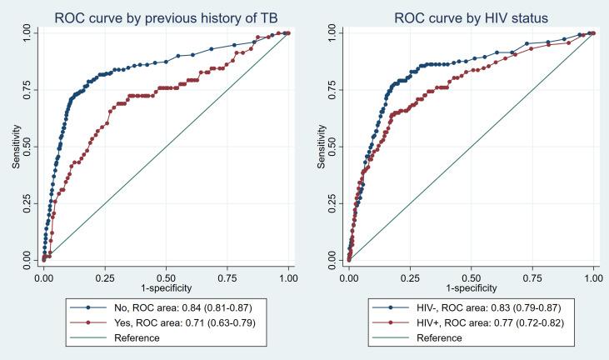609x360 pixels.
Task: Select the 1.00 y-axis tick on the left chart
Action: (28, 32)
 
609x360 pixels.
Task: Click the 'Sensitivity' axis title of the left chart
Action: (15, 147)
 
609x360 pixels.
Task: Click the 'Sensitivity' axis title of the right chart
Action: (320, 147)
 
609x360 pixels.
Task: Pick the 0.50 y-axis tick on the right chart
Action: (333, 147)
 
